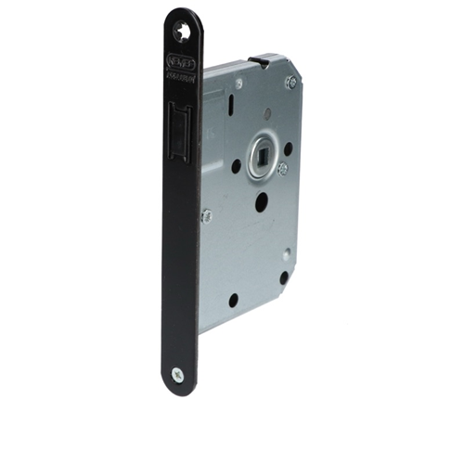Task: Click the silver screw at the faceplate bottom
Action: point(178,374)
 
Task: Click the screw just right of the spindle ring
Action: point(282,168)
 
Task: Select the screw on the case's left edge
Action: point(207,216)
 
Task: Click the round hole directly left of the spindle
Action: point(236,165)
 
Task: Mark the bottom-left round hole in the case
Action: point(232,299)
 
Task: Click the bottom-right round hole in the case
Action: point(284,276)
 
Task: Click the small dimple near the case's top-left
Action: point(238,84)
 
